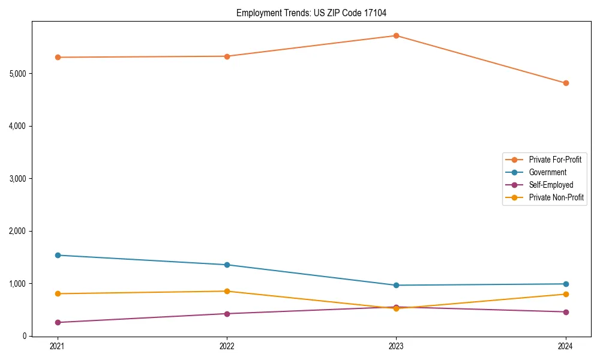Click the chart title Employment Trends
coord(316,13)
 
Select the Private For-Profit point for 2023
coord(396,36)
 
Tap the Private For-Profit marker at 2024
coord(566,83)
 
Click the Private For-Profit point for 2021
coord(58,58)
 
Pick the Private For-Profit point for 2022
coord(227,56)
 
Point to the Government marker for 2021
coord(58,256)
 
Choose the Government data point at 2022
coord(227,265)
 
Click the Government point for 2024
coord(566,284)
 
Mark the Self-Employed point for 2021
coord(58,323)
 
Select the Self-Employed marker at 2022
coord(227,314)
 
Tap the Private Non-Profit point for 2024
coord(566,295)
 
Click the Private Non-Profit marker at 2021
coord(58,294)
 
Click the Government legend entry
coord(547,173)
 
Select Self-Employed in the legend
coord(551,185)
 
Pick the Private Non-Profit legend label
coord(556,198)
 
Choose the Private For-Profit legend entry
coord(555,160)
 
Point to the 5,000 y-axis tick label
coord(17,74)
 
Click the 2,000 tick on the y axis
coord(17,231)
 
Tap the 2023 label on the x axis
coord(396,346)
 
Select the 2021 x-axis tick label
coord(58,346)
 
